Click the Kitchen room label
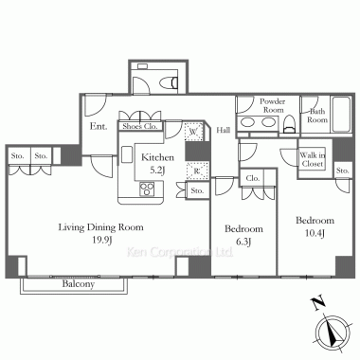(x=157, y=157)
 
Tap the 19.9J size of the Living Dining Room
(x=102, y=241)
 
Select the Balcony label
(x=79, y=284)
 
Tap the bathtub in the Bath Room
(x=341, y=114)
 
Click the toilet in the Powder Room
(x=289, y=124)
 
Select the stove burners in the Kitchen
(x=147, y=189)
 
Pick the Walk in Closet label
(x=313, y=159)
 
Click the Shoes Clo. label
(x=140, y=126)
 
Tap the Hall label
(x=223, y=130)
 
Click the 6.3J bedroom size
(x=243, y=242)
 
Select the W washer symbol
(x=193, y=132)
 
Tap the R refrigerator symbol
(x=197, y=171)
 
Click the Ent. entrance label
(x=99, y=126)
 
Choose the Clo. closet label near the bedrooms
(x=253, y=178)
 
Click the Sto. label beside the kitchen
(x=197, y=190)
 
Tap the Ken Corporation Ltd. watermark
(x=180, y=252)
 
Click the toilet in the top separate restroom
(x=168, y=82)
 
